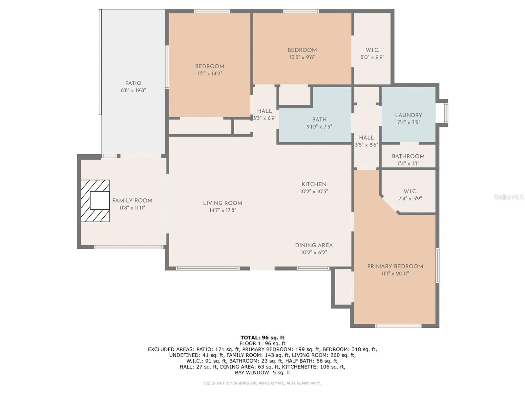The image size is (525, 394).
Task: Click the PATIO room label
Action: (133, 83)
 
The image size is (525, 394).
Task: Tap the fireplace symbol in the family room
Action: (95, 201)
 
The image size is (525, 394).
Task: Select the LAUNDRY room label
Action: (409, 115)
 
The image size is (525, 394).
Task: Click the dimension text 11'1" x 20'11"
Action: (395, 274)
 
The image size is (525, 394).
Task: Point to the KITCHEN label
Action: (314, 184)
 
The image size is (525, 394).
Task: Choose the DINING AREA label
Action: (314, 245)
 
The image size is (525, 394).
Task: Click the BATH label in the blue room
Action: (319, 120)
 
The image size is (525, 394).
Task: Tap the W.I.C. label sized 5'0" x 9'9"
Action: (372, 50)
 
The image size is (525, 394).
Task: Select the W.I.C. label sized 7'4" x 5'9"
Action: (410, 191)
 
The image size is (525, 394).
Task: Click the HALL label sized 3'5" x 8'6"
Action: (367, 138)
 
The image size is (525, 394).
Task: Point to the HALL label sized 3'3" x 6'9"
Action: (264, 111)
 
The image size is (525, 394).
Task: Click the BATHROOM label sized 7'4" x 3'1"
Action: (408, 156)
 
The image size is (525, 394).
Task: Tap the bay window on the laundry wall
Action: (445, 113)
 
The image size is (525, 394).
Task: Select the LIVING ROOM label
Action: (222, 203)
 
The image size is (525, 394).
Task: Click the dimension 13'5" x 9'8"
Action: (302, 57)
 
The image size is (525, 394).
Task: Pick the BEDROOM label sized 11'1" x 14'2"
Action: (210, 66)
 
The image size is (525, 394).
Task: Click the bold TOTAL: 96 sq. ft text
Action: (262, 338)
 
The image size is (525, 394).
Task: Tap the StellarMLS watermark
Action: (508, 197)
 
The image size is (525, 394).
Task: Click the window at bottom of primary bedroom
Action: (398, 326)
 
